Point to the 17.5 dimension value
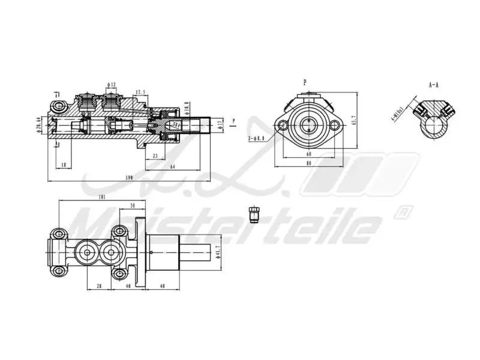pos(141,92)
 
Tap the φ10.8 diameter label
pos(187,106)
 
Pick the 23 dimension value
pos(155,156)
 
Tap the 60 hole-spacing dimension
pos(309,154)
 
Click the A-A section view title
pos(434,86)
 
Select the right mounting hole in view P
pos(335,125)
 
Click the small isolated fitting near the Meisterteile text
pos(253,214)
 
